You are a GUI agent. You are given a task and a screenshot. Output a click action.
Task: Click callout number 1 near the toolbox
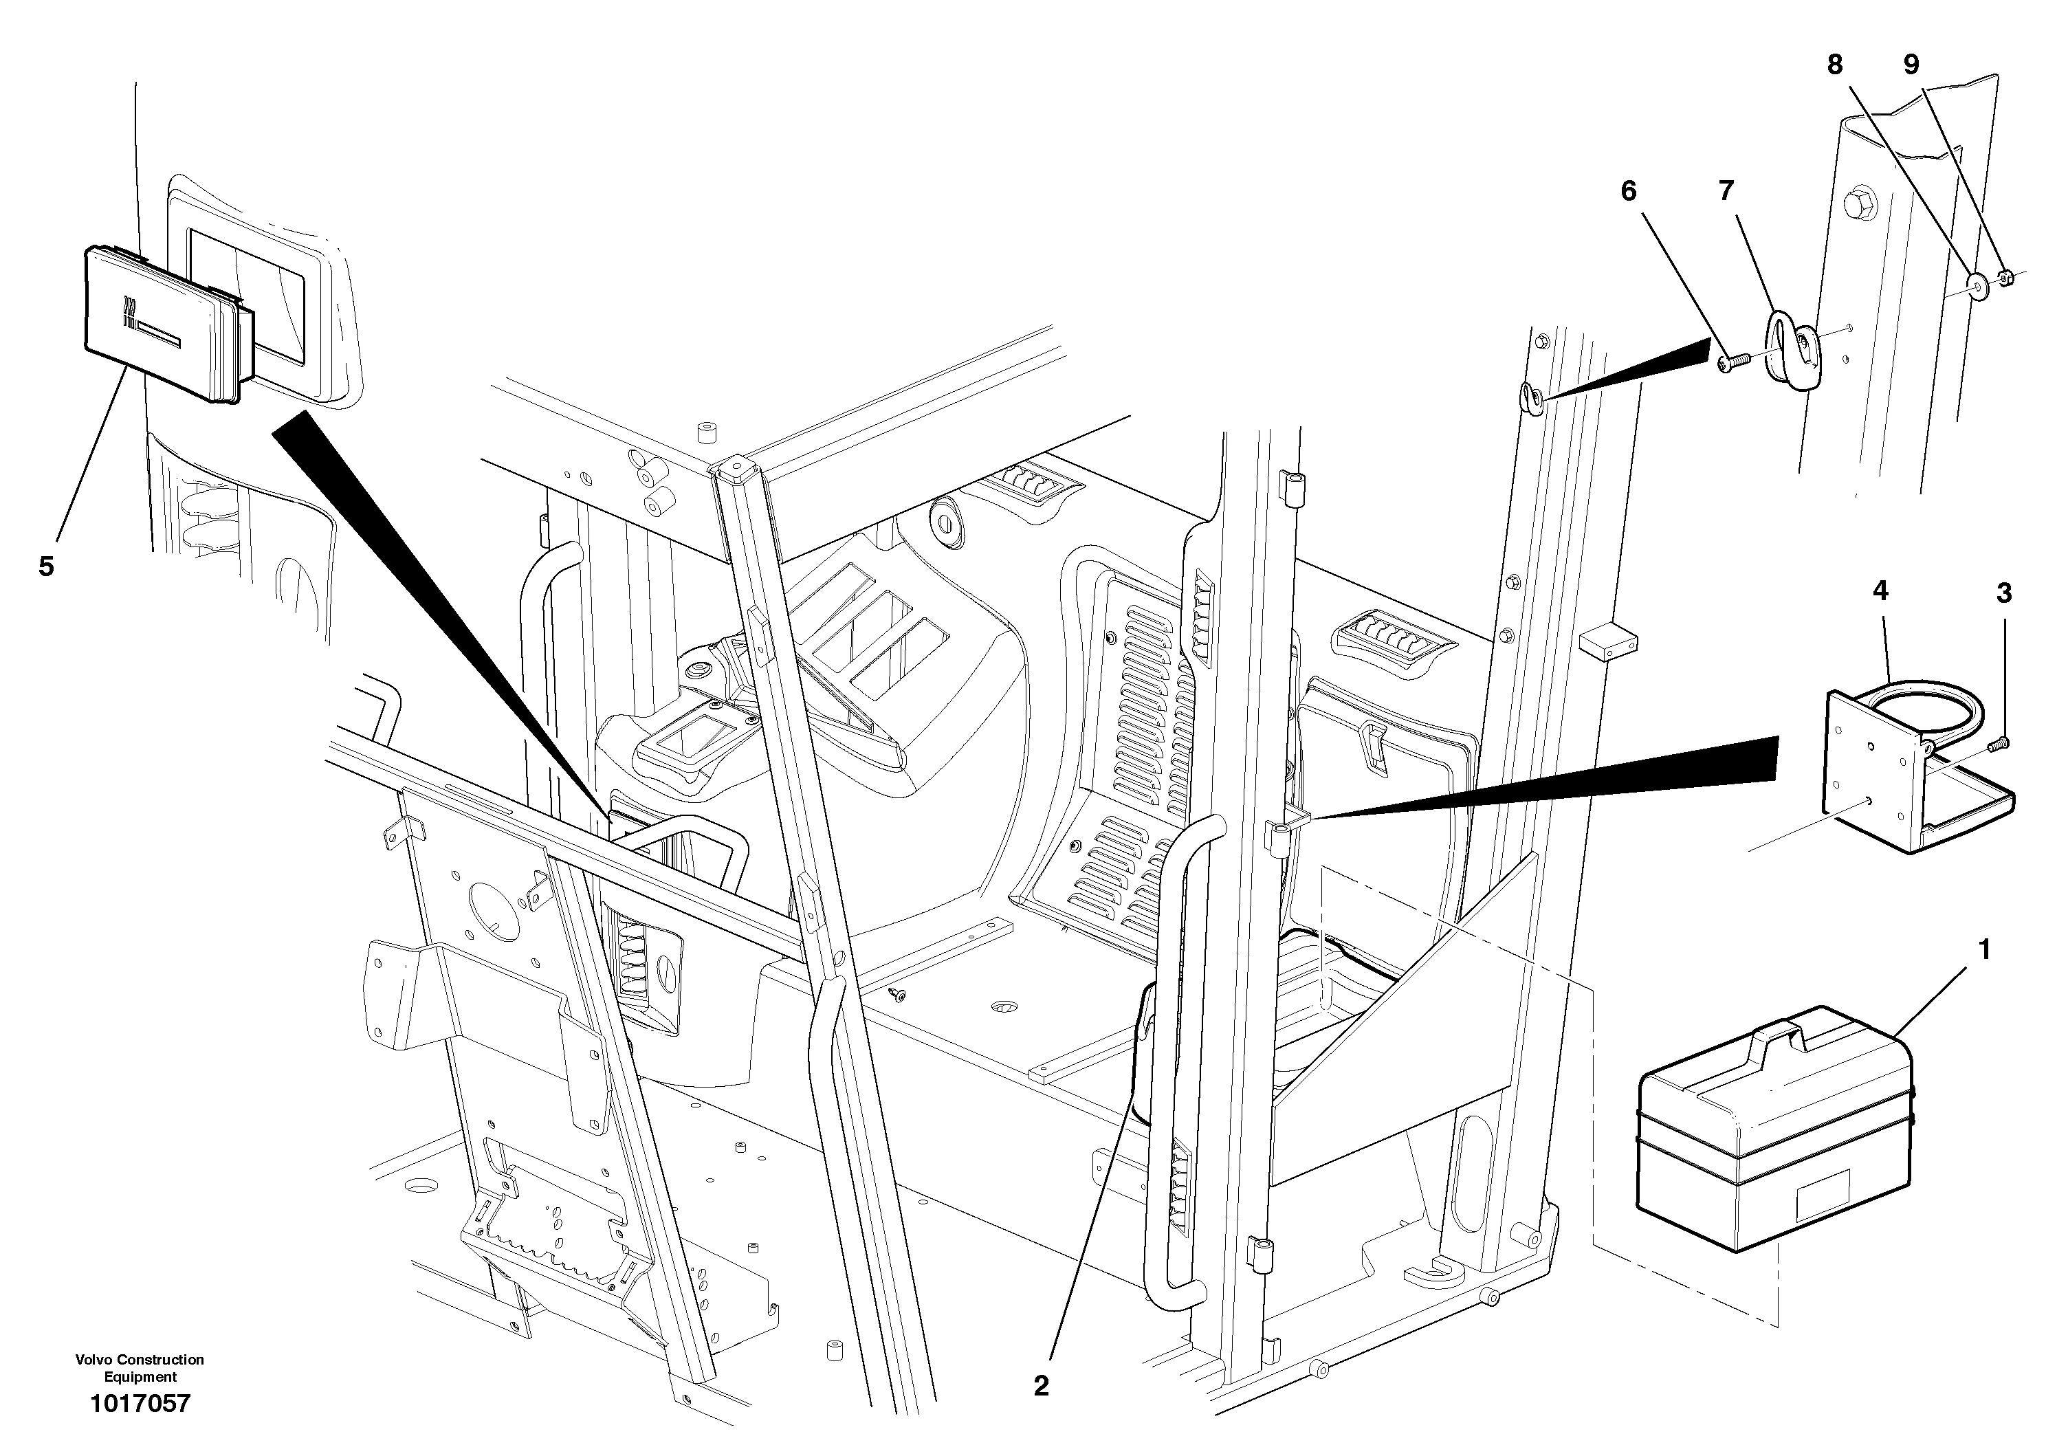click(1983, 951)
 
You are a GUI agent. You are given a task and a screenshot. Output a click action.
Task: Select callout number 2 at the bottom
click(1041, 1385)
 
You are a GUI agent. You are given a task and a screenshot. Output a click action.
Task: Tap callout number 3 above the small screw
click(2004, 593)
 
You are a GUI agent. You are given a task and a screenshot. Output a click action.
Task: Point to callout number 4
click(1880, 591)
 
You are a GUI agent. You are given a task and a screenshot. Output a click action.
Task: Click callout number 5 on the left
click(46, 566)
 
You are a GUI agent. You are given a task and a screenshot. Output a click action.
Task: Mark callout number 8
click(1835, 64)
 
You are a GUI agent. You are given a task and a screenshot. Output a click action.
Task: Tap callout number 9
click(1911, 64)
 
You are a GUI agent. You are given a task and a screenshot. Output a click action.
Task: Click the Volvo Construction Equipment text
click(140, 1367)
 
